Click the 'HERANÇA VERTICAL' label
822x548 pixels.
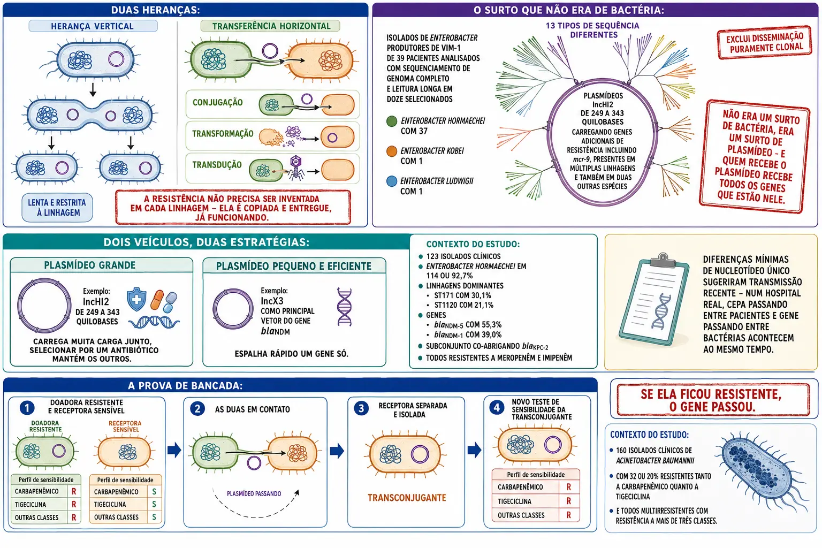point(92,26)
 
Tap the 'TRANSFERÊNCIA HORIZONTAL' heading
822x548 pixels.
point(271,26)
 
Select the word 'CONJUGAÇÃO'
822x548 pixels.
point(218,102)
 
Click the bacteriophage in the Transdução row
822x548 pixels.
point(296,168)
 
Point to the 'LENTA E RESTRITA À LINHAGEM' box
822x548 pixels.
point(57,208)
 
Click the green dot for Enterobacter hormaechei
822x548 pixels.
point(392,121)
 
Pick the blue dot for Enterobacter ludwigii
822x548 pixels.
point(392,181)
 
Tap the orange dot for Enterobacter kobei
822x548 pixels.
point(392,151)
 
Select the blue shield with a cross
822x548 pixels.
point(136,299)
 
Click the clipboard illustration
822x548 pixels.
point(653,299)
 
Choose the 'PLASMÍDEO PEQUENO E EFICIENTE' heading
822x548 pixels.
point(294,266)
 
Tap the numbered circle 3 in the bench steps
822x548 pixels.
point(361,408)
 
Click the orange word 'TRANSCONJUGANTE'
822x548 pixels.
point(407,498)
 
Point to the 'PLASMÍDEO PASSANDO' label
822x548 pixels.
point(254,493)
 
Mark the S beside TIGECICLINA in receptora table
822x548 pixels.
point(154,504)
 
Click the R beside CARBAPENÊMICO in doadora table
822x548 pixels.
point(74,491)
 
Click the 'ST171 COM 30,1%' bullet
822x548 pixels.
point(462,295)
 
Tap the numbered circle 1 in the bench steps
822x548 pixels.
point(27,408)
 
